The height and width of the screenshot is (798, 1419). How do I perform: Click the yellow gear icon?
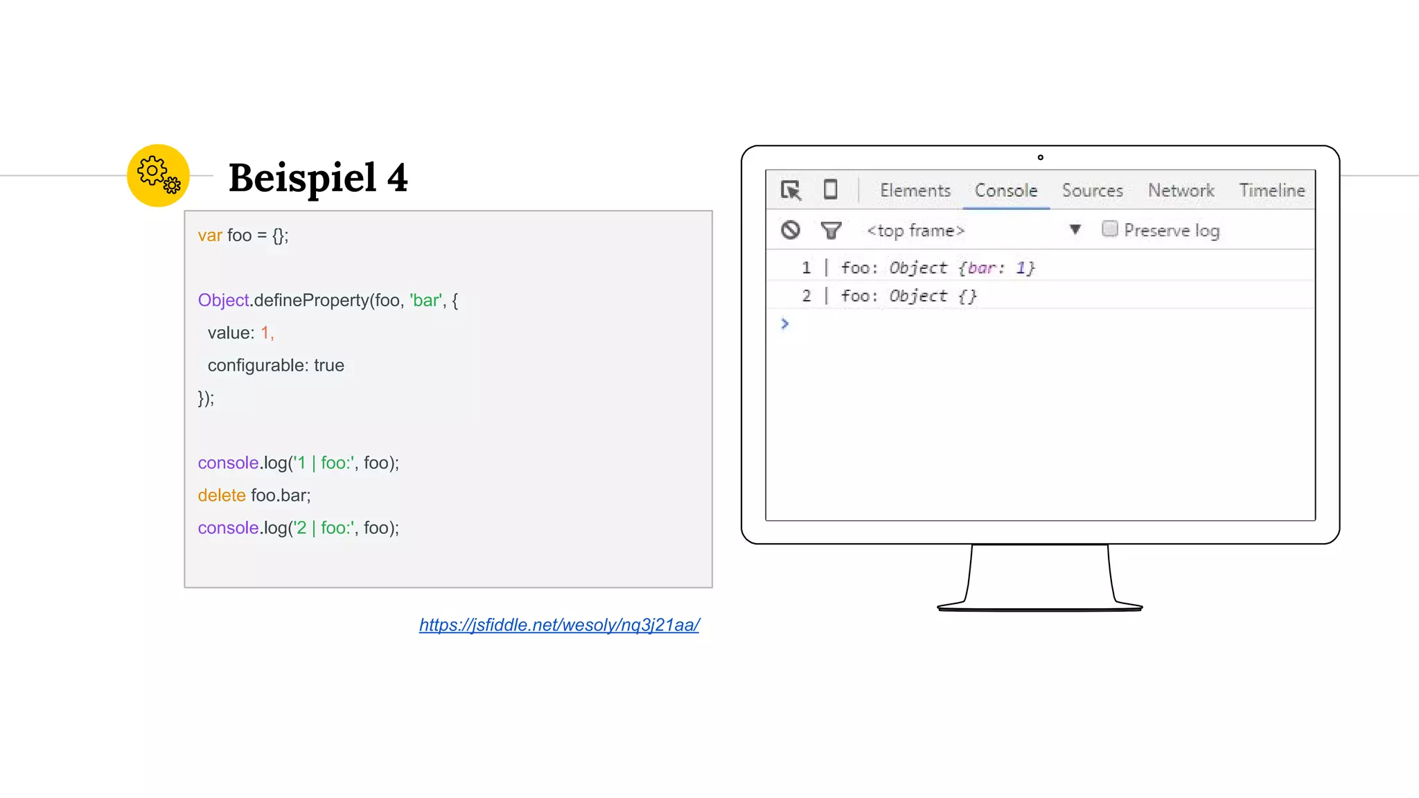[158, 175]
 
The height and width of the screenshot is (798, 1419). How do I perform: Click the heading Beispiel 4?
[318, 178]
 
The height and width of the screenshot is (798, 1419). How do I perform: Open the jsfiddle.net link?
[558, 625]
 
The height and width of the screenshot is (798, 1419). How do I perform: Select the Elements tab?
[915, 190]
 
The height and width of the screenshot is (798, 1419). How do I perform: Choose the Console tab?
[1006, 190]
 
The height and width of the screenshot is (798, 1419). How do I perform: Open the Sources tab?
[1092, 190]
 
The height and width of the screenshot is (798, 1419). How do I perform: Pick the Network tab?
[1181, 190]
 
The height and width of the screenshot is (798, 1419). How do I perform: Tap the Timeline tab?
[1271, 190]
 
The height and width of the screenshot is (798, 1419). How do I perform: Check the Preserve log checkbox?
[1109, 229]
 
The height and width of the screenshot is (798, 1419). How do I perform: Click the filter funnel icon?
[831, 230]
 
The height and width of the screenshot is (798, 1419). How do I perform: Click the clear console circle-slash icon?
[791, 230]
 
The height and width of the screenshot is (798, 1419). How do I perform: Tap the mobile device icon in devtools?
[830, 190]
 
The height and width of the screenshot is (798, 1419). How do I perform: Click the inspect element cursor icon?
[791, 190]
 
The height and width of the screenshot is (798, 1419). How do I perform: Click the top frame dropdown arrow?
[1075, 230]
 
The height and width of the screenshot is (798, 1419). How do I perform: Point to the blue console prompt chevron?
[784, 323]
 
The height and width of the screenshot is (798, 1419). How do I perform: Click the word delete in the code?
[222, 495]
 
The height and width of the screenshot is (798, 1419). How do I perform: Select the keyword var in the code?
[210, 236]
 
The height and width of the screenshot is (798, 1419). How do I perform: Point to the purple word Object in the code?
[223, 300]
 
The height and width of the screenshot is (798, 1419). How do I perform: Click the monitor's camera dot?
[1040, 157]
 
